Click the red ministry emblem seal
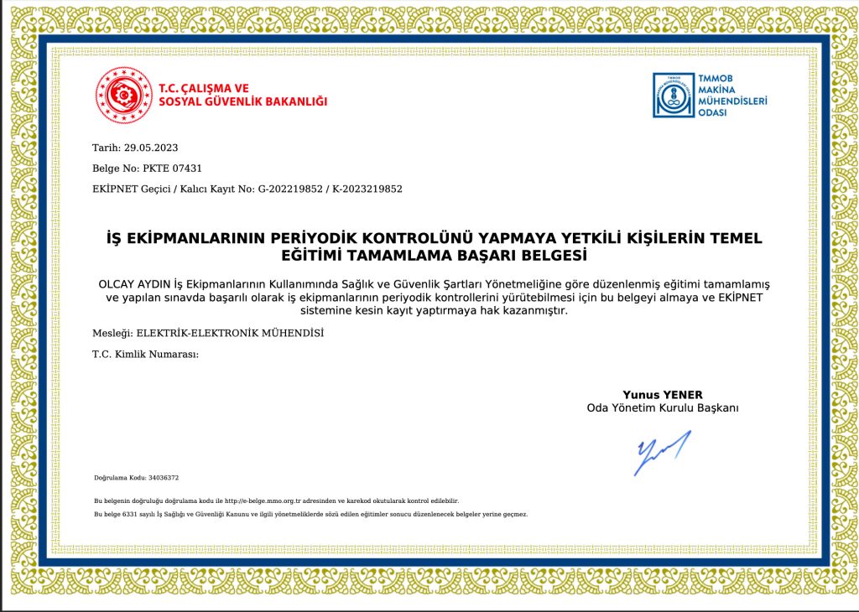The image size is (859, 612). pyautogui.click(x=123, y=95)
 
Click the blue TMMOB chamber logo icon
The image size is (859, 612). pyautogui.click(x=674, y=95)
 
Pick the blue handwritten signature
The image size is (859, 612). pyautogui.click(x=663, y=452)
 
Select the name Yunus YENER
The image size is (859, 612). pyautogui.click(x=662, y=395)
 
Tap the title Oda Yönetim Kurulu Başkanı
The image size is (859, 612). pyautogui.click(x=662, y=408)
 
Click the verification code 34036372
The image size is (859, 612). pyautogui.click(x=163, y=478)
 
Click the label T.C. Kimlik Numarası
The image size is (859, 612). pyautogui.click(x=145, y=355)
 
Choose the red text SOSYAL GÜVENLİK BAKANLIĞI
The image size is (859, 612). pyautogui.click(x=243, y=102)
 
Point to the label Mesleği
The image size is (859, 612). pyautogui.click(x=112, y=333)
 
